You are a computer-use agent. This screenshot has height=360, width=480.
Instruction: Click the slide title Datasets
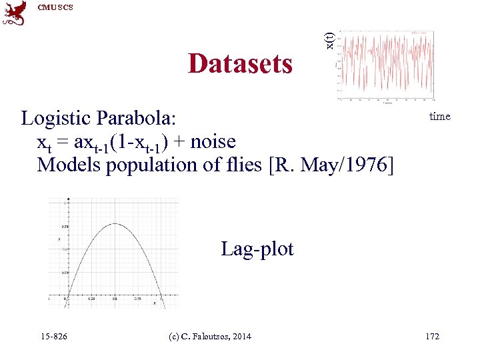click(240, 64)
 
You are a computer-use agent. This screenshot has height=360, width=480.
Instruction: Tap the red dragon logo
click(15, 14)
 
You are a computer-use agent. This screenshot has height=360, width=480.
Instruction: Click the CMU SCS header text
click(55, 7)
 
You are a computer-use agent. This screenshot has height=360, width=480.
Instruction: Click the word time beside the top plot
click(439, 117)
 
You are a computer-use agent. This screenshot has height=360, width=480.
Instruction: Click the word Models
click(67, 165)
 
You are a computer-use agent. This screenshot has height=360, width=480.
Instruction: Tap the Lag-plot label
click(257, 249)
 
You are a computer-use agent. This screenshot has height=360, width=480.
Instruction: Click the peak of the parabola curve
click(114, 224)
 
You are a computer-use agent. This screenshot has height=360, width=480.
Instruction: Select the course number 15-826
click(53, 337)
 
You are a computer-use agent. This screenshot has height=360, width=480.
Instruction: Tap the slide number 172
click(432, 337)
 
